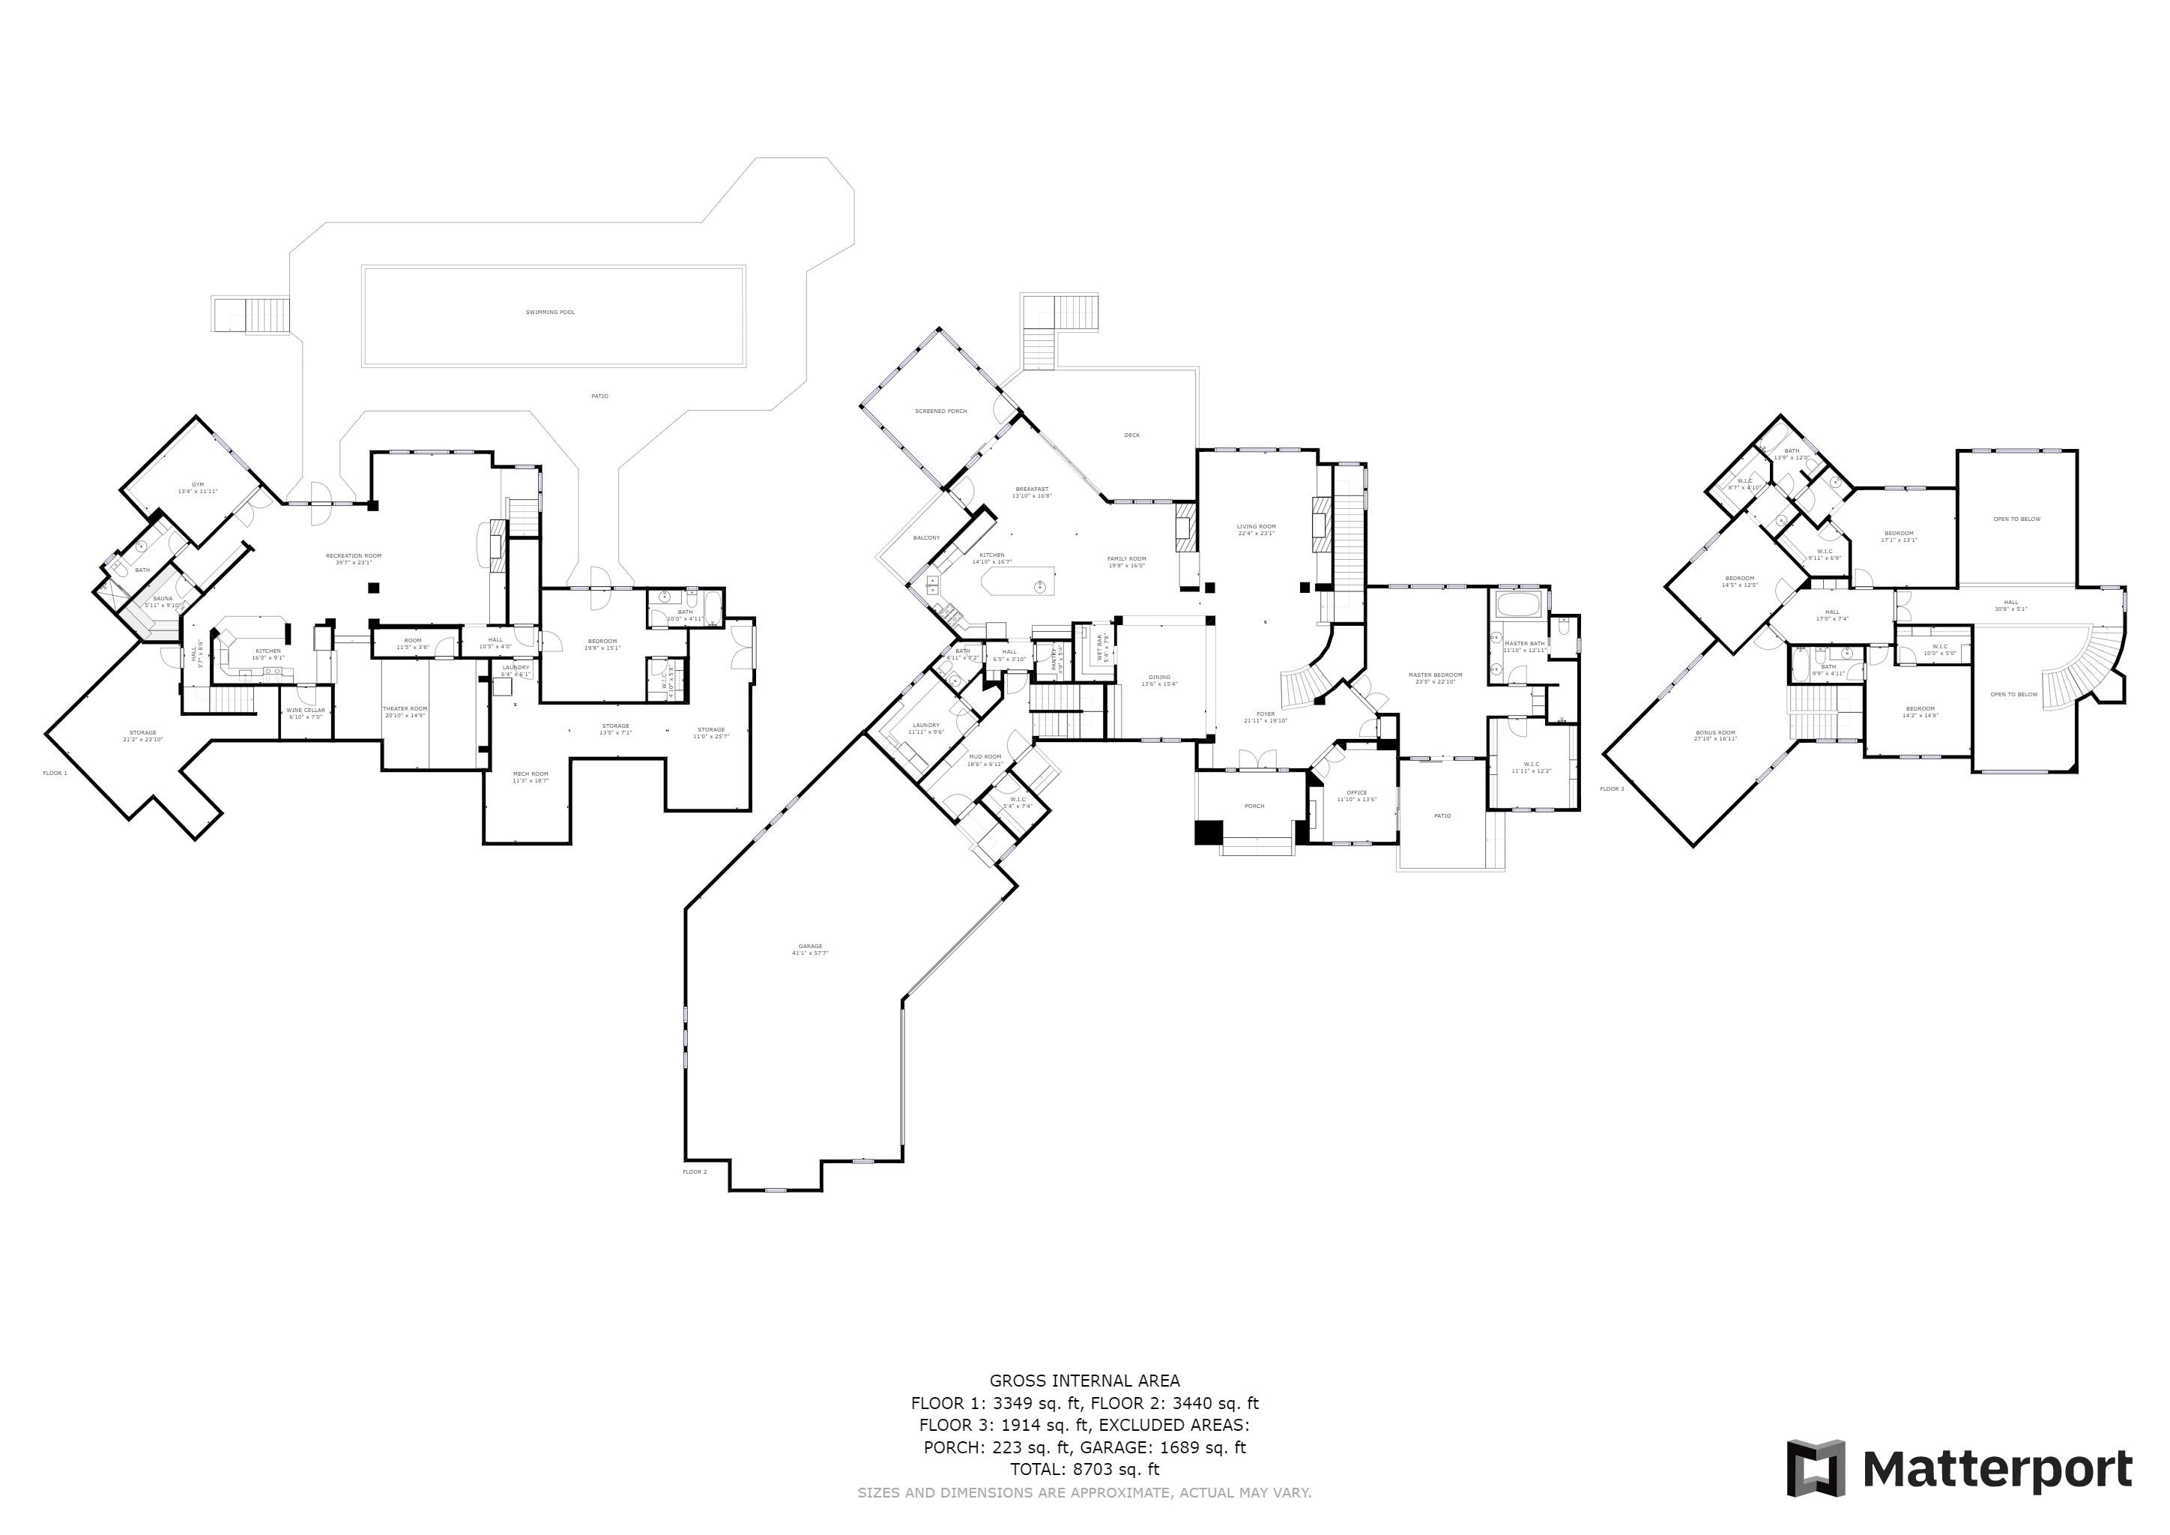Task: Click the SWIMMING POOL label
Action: click(x=550, y=312)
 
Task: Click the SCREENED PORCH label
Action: click(x=940, y=411)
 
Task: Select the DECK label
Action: click(x=1131, y=435)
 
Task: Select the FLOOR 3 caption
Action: click(x=1612, y=788)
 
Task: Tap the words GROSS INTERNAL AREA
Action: click(x=1084, y=1381)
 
